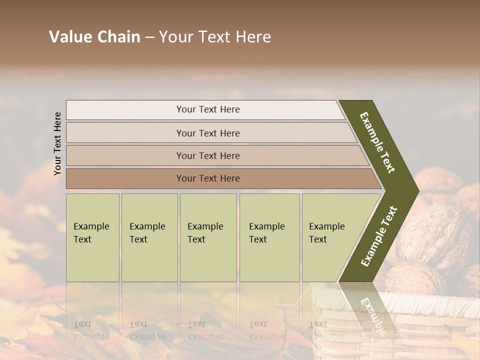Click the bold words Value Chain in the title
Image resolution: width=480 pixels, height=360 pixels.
[x=94, y=37]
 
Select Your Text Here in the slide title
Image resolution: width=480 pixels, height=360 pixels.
[x=215, y=37]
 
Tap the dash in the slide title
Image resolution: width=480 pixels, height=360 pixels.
[x=149, y=37]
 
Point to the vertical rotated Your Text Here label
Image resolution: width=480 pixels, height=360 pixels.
[x=57, y=143]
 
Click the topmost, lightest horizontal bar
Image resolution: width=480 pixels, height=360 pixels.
[x=205, y=109]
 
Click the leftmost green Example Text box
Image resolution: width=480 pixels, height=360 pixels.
[x=92, y=237]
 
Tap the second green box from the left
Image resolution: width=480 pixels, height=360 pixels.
[x=149, y=237]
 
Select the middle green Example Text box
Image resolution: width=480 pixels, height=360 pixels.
[x=208, y=237]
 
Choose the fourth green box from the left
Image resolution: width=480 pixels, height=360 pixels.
[x=269, y=237]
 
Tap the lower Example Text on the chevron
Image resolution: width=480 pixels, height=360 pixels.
[x=378, y=236]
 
